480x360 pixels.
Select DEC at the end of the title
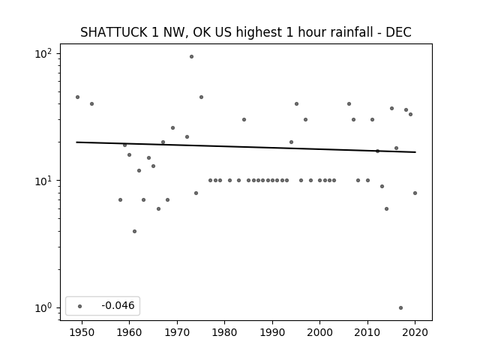coord(398,32)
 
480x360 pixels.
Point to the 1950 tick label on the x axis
coord(82,332)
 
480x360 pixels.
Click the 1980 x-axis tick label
coord(224,332)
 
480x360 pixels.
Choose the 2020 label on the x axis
coord(415,332)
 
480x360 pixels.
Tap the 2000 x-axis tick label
coord(320,332)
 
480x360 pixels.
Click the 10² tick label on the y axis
coord(43,54)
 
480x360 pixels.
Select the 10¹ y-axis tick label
coord(43,181)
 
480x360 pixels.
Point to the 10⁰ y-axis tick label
coord(43,308)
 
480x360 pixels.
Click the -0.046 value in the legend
coord(118,305)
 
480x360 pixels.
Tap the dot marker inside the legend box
coord(80,306)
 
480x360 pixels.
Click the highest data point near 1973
coord(192,57)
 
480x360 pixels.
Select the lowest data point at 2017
coord(401,308)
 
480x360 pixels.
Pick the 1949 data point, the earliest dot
coord(78,97)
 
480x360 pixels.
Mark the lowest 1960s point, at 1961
coord(135,232)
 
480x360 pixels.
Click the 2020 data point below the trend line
coord(415,193)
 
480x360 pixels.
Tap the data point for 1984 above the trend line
coord(244,120)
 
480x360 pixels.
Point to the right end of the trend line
coord(415,152)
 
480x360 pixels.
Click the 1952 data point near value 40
coord(91,104)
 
